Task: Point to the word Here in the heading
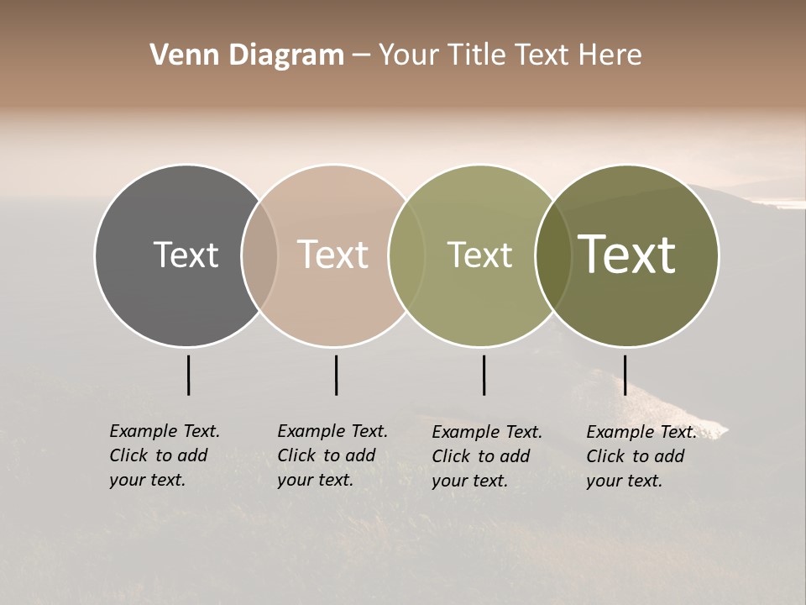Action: (610, 55)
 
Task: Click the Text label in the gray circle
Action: (186, 255)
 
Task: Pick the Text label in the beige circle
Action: (333, 255)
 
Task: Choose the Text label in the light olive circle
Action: (479, 255)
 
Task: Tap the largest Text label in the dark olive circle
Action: (627, 255)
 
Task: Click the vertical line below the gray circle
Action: (188, 375)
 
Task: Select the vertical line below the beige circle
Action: (336, 375)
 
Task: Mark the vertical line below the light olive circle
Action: (484, 375)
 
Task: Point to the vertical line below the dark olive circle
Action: (625, 375)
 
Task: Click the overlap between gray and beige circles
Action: (259, 255)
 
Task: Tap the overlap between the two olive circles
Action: (553, 255)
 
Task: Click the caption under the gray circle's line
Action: (164, 455)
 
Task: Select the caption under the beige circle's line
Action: (332, 455)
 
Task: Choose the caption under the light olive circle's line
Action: (486, 456)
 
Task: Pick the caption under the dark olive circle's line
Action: (641, 456)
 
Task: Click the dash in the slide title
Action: (360, 56)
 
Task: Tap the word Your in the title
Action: (409, 55)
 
